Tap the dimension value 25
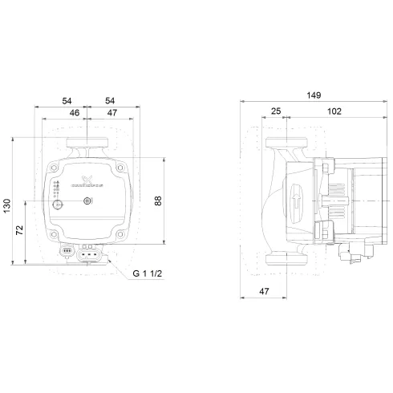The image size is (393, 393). click(276, 111)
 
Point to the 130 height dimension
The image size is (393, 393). click(7, 206)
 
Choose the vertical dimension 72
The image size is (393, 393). click(20, 233)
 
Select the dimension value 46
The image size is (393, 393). click(74, 114)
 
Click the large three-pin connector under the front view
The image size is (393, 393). click(91, 257)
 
